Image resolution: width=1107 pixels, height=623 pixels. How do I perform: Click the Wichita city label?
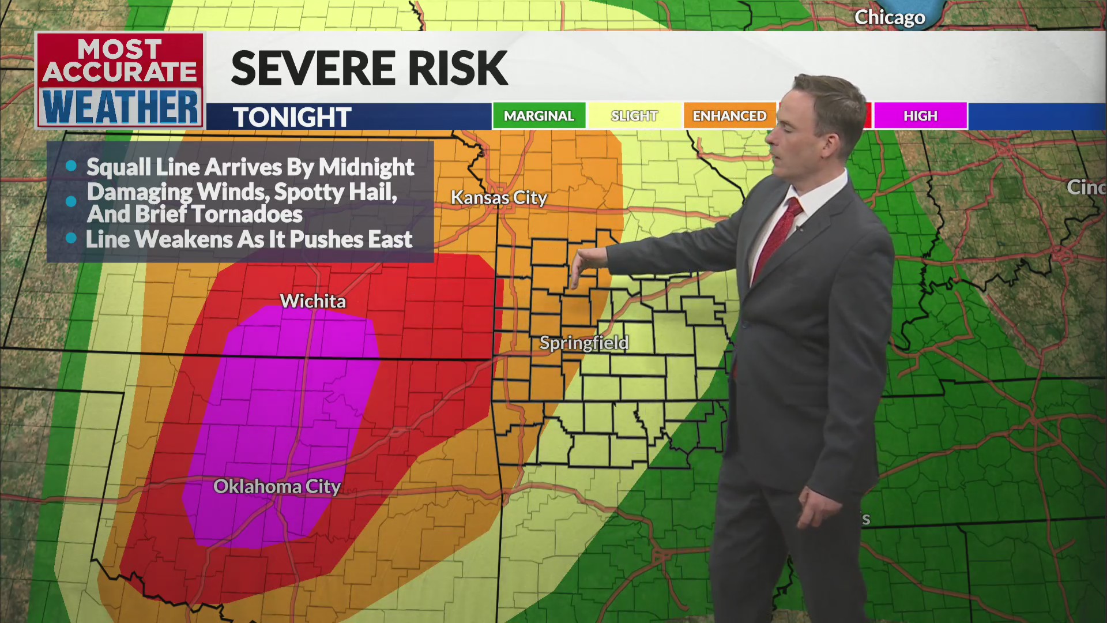[x=312, y=301]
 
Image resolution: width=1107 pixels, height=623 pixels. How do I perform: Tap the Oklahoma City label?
[x=277, y=486]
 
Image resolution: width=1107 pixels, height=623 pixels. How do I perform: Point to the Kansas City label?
[x=499, y=197]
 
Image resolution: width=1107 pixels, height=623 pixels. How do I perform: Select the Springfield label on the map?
[x=583, y=343]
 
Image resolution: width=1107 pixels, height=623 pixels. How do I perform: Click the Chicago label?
[x=889, y=17]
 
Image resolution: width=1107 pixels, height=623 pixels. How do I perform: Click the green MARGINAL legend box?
[x=539, y=116]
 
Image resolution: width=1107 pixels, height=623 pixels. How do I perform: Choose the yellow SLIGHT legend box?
[x=634, y=116]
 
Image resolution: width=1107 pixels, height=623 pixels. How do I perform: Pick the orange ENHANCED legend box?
[x=729, y=116]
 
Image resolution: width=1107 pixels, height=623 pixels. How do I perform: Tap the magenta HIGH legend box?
[x=920, y=116]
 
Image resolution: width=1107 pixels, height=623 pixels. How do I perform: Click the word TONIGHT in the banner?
[x=292, y=117]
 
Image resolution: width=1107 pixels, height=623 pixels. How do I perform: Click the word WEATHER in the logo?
[x=120, y=107]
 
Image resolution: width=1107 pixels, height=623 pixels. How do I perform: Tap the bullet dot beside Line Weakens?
[x=71, y=238]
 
